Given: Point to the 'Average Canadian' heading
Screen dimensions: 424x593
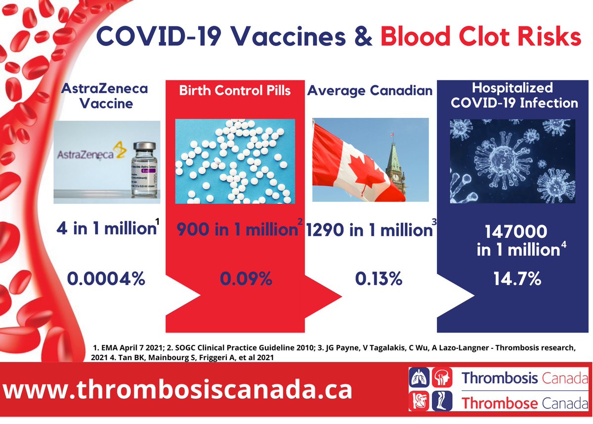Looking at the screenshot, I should click(370, 90).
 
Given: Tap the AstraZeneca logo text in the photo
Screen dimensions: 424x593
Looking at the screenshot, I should click(89, 154).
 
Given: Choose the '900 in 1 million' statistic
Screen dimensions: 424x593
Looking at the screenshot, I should click(233, 230).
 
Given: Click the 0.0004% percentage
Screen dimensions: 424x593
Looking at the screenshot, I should click(106, 279).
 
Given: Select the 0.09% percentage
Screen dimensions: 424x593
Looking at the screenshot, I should click(246, 279).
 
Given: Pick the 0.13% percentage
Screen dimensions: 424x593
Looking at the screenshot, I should click(378, 279).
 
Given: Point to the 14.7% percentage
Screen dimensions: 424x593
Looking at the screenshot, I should click(516, 279).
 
